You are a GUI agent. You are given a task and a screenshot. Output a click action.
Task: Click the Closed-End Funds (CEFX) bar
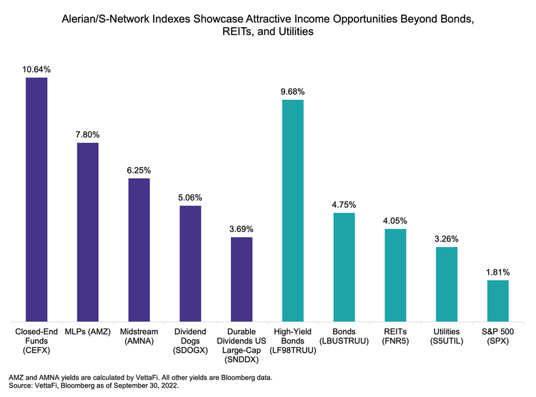(x=36, y=199)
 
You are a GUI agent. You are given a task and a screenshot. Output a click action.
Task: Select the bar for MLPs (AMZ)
(x=88, y=232)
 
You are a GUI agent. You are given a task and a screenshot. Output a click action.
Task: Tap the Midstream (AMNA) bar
(x=139, y=250)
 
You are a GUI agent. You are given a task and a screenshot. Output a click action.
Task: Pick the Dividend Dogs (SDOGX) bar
(x=190, y=263)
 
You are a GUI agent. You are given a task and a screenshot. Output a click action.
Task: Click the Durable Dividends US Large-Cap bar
(x=242, y=279)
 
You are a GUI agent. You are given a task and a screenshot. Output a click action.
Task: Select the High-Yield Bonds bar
(x=293, y=211)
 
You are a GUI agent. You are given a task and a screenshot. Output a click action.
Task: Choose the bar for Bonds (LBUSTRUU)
(x=344, y=267)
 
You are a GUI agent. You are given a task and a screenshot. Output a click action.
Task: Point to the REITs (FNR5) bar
(x=395, y=275)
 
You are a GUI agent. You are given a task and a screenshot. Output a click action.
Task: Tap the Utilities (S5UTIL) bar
(x=447, y=284)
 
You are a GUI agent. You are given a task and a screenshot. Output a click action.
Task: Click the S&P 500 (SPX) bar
(x=498, y=301)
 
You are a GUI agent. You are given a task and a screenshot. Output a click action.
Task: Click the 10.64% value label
(x=36, y=69)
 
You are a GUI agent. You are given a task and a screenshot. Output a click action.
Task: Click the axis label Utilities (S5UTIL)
(x=447, y=338)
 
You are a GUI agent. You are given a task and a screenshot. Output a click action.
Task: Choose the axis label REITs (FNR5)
(x=395, y=338)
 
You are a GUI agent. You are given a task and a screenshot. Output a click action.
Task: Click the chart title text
(x=268, y=26)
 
